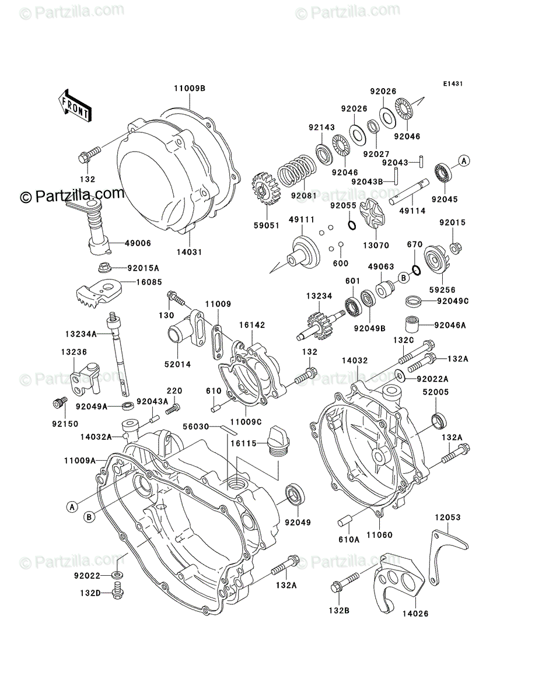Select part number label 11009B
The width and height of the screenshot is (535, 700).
click(190, 88)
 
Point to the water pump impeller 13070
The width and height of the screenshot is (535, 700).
click(372, 214)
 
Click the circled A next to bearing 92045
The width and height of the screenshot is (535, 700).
click(464, 161)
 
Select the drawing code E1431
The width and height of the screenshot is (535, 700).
click(453, 84)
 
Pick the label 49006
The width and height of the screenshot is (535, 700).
click(138, 243)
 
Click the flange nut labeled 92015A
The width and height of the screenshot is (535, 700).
click(104, 268)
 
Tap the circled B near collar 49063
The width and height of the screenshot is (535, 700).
click(404, 278)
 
